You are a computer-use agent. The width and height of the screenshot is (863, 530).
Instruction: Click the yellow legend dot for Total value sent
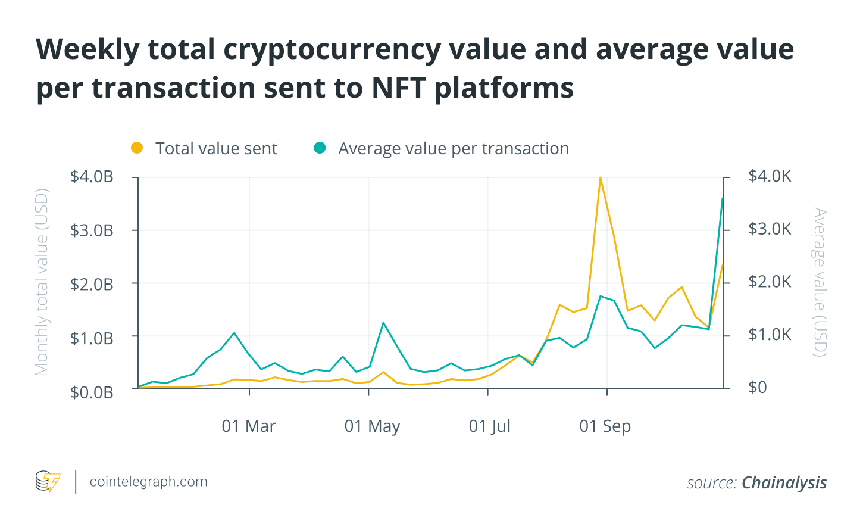[x=137, y=148]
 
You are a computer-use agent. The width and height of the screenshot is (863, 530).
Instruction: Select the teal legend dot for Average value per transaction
[x=320, y=148]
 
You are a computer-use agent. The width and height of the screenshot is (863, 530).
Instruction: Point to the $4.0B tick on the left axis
[x=92, y=177]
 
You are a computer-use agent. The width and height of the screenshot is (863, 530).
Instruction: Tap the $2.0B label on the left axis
[x=92, y=284]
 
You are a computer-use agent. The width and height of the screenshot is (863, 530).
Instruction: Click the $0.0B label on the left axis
[x=92, y=392]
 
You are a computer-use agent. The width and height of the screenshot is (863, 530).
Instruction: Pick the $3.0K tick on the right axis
[x=770, y=229]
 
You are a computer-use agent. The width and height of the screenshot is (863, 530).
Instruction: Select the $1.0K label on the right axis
[x=770, y=335]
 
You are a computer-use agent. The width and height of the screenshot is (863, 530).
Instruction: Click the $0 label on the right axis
[x=758, y=387]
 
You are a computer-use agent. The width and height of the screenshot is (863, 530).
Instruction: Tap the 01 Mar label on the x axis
[x=249, y=426]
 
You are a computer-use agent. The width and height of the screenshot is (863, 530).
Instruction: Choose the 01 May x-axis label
[x=372, y=426]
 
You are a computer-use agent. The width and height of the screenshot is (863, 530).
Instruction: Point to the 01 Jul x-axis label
[x=490, y=426]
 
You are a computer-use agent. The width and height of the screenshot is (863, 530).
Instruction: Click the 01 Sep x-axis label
[x=605, y=426]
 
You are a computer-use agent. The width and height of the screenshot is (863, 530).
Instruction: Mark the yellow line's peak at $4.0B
[x=600, y=177]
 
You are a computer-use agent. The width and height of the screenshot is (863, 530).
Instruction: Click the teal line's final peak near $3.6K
[x=723, y=198]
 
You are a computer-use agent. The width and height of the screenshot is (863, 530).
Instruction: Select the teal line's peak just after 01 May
[x=383, y=323]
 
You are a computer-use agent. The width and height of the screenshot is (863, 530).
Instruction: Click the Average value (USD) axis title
[x=820, y=282]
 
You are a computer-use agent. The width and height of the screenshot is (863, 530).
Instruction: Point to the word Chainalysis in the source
[x=784, y=482]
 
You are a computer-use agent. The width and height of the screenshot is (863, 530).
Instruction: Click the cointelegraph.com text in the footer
[x=148, y=482]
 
